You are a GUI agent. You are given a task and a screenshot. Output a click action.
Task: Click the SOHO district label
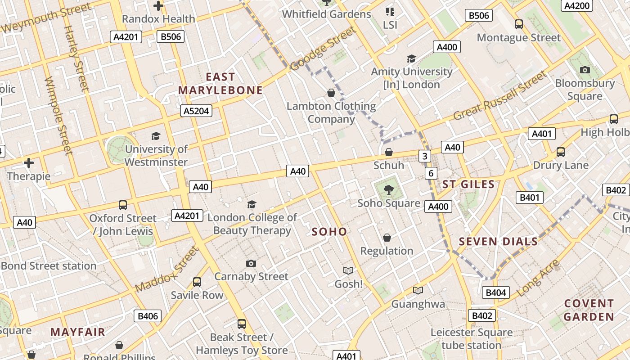[x=329, y=232]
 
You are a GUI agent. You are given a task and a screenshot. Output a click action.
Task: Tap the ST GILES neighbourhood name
[x=468, y=184]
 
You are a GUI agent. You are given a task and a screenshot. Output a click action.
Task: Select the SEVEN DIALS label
[x=498, y=242]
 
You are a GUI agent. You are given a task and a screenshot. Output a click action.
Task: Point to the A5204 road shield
[x=197, y=111]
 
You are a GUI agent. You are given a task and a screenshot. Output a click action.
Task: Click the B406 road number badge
[x=148, y=316]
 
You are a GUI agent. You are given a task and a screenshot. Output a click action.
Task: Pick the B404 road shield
[x=496, y=292]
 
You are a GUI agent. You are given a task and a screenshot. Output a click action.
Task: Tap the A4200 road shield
[x=576, y=5]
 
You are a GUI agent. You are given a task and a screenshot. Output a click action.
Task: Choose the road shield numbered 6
[x=431, y=173]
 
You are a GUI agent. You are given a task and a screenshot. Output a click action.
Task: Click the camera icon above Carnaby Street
[x=251, y=263]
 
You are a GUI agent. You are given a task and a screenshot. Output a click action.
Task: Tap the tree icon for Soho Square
[x=388, y=190]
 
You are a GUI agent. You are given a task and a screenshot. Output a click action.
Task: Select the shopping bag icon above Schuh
[x=389, y=153]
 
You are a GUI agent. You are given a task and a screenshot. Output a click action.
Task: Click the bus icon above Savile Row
[x=197, y=282]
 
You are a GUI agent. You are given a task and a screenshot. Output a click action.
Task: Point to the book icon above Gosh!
[x=348, y=270]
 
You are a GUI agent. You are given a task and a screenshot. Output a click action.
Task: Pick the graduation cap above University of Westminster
[x=156, y=136]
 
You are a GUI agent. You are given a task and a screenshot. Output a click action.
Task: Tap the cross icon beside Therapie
[x=29, y=162]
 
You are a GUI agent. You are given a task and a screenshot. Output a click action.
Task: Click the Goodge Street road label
[x=323, y=49]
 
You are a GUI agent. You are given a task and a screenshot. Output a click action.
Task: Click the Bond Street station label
[x=49, y=265]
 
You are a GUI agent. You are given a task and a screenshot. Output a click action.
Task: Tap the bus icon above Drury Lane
[x=560, y=152]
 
